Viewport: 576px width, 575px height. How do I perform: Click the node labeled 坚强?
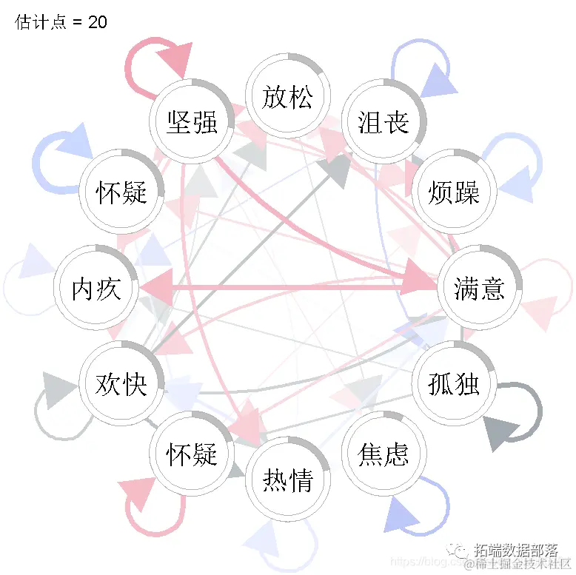[192, 121]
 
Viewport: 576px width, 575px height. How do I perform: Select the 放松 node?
[287, 96]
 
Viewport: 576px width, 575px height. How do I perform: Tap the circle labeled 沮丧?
[383, 121]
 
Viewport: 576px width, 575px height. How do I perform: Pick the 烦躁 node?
[453, 192]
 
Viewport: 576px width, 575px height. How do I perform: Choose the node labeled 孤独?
[453, 383]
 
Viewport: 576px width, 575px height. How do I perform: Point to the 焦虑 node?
[383, 453]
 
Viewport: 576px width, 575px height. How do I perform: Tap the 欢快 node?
[121, 383]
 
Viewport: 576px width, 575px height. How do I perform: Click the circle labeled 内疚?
[96, 288]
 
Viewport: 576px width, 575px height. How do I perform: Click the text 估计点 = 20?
[61, 22]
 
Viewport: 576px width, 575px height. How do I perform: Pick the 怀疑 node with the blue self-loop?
[121, 192]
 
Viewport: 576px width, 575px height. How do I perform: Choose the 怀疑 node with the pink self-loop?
[192, 453]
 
